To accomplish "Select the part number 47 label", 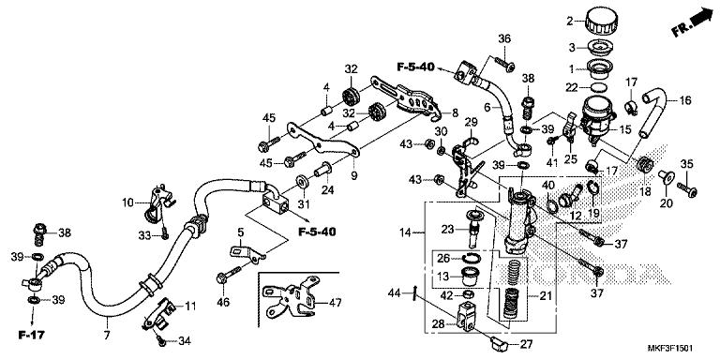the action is tap(336, 303).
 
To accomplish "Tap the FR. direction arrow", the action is tap(692, 22).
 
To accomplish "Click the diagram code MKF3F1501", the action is tap(670, 349).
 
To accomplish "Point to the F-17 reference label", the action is tap(32, 335).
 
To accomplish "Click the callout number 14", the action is tap(405, 232).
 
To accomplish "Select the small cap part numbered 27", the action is tap(498, 342).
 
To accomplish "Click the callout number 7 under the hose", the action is tap(107, 336).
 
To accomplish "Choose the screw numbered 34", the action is tap(161, 339).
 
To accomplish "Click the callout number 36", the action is tap(504, 39).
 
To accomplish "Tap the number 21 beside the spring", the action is tap(546, 296).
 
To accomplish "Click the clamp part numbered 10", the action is tap(157, 202).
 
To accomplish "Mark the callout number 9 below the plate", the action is tap(354, 175).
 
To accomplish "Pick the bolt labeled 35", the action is tap(686, 188).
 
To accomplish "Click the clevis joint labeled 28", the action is tap(468, 316).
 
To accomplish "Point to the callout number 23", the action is tap(448, 229).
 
